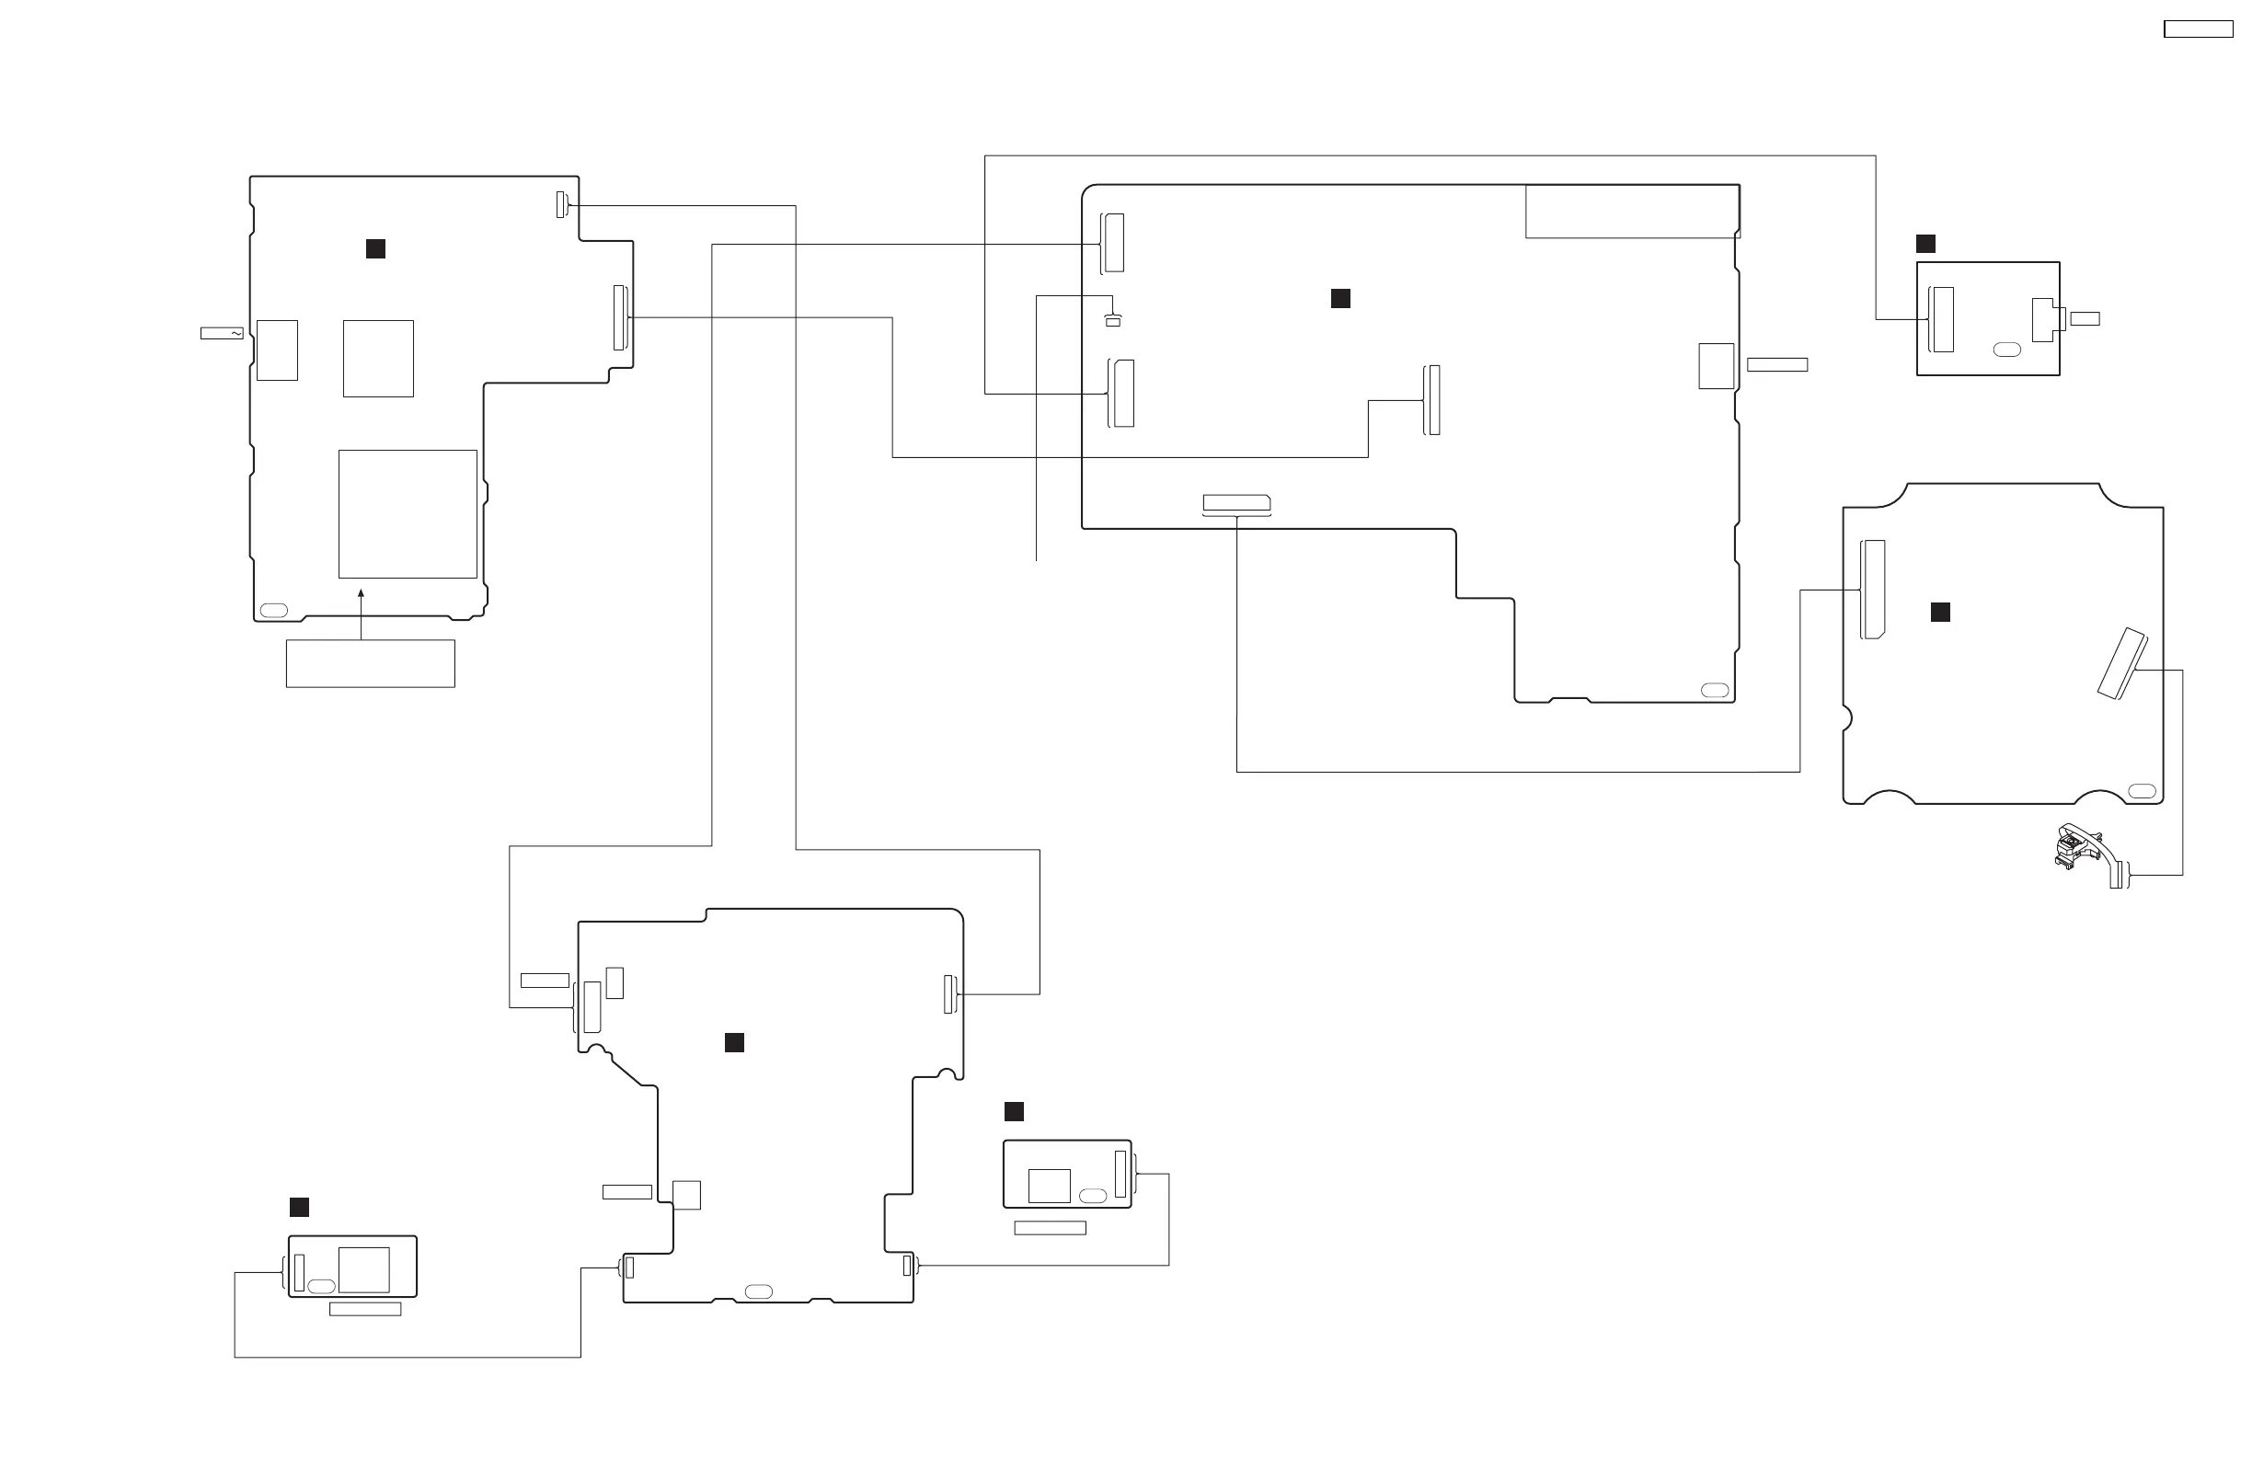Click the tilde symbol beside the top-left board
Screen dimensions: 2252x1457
click(235, 333)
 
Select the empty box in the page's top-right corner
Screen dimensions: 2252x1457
click(2198, 29)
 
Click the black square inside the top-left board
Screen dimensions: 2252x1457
click(375, 249)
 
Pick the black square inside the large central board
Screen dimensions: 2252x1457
click(1339, 299)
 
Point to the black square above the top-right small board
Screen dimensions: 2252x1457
click(1925, 244)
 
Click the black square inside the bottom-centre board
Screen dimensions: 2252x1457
click(734, 1042)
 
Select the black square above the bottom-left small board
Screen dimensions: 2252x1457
click(299, 1207)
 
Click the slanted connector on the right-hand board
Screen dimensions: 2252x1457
click(2122, 664)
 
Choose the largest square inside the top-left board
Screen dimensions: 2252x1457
click(408, 514)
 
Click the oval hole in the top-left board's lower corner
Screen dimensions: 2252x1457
click(273, 610)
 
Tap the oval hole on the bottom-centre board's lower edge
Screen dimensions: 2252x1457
click(759, 1291)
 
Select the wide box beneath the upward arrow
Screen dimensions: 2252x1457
click(370, 663)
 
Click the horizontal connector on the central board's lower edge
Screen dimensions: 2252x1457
click(1235, 503)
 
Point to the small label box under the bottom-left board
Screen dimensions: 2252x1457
click(364, 1310)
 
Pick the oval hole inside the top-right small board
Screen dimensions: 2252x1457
click(2007, 350)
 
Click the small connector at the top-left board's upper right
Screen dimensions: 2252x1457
click(561, 204)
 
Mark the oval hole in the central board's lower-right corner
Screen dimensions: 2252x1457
click(1715, 691)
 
